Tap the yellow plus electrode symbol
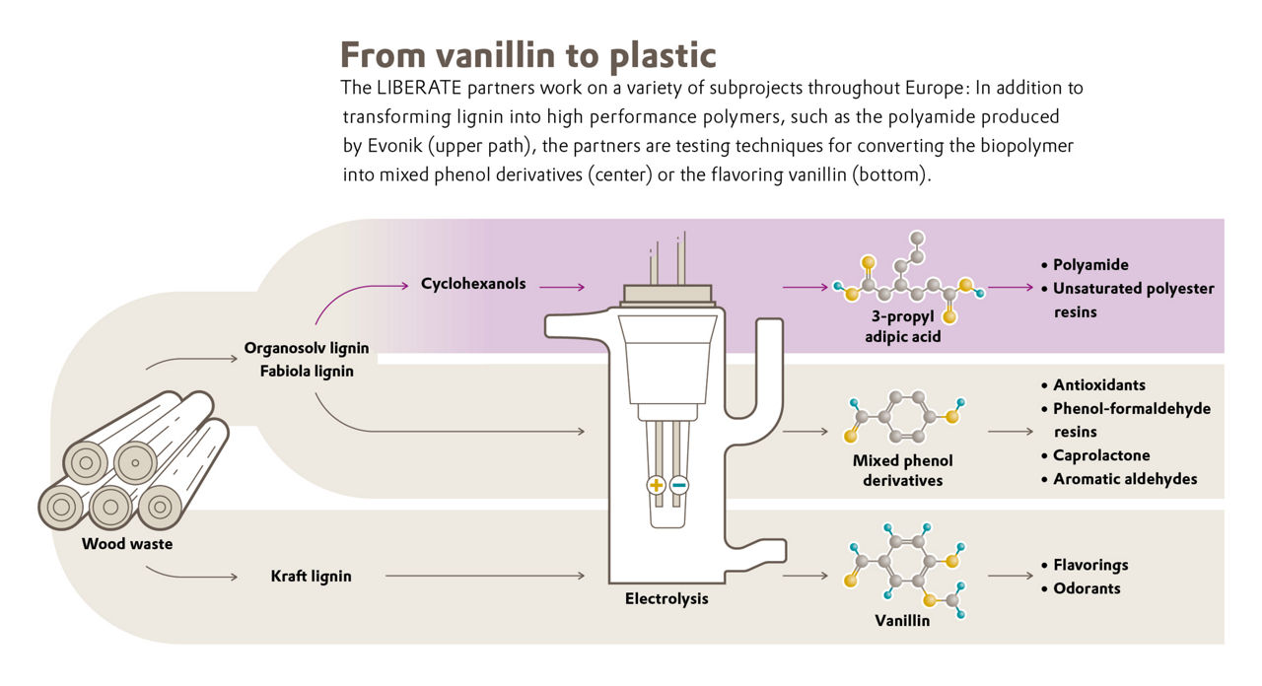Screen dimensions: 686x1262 (x=657, y=485)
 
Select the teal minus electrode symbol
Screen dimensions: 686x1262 (x=679, y=485)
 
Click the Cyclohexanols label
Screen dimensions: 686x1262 (x=473, y=284)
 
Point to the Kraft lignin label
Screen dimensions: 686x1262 (x=311, y=576)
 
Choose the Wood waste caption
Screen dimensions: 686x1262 (x=128, y=543)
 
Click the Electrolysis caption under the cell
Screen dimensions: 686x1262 (x=666, y=598)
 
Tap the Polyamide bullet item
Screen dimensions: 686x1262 (x=1090, y=265)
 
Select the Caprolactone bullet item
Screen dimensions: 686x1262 (x=1100, y=455)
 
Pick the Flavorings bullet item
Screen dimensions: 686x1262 (x=1089, y=565)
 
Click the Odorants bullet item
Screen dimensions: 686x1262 (x=1086, y=588)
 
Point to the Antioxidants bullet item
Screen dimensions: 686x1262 (x=1098, y=384)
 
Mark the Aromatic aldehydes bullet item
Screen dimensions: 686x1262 (x=1124, y=479)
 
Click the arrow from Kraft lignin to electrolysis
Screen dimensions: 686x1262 (x=489, y=576)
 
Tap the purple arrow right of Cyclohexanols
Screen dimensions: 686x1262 (x=562, y=287)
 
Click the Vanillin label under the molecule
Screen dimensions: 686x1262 (x=902, y=621)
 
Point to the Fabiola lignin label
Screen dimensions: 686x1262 (x=307, y=372)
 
